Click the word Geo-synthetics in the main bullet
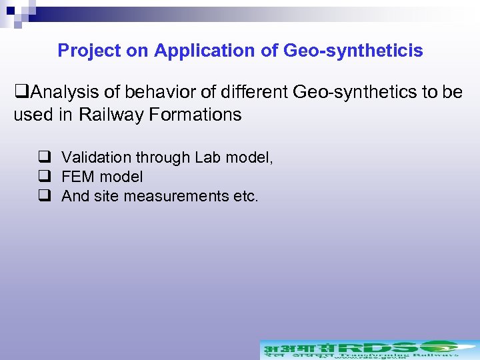347,92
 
